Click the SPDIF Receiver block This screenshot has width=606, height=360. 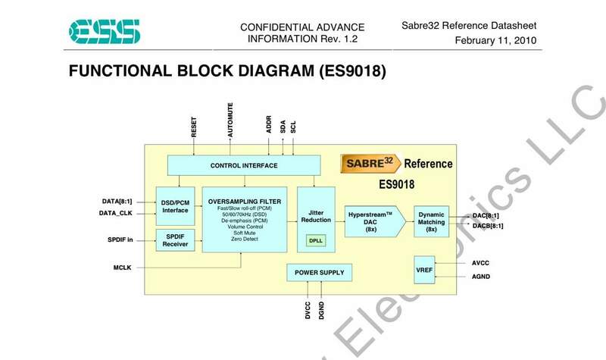coord(176,240)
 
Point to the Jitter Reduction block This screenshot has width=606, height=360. coord(316,214)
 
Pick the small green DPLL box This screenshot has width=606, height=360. coord(316,240)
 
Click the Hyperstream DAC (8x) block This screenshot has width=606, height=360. coord(371,221)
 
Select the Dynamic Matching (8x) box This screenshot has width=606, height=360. coord(433,221)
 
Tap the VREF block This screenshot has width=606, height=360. coord(424,271)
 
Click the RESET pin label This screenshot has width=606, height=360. coord(195,124)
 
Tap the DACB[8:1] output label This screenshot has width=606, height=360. coord(488,226)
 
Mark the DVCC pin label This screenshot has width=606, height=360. coord(308,311)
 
